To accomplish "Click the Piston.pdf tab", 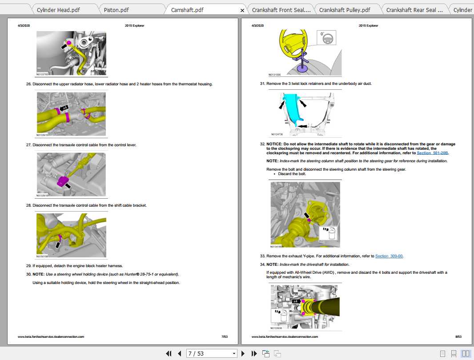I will [116, 10].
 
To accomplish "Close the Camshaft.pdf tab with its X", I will [242, 10].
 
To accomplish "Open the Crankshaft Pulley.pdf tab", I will [344, 10].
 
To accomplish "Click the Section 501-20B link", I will [433, 153].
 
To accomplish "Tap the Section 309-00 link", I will [389, 256].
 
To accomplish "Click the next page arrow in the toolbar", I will [243, 353].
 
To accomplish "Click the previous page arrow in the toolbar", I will [180, 353].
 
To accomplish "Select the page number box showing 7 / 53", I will [211, 353].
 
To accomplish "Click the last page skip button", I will [254, 353].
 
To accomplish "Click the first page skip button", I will [169, 353].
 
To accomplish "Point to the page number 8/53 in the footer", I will [458, 337].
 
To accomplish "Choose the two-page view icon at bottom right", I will [466, 353].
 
